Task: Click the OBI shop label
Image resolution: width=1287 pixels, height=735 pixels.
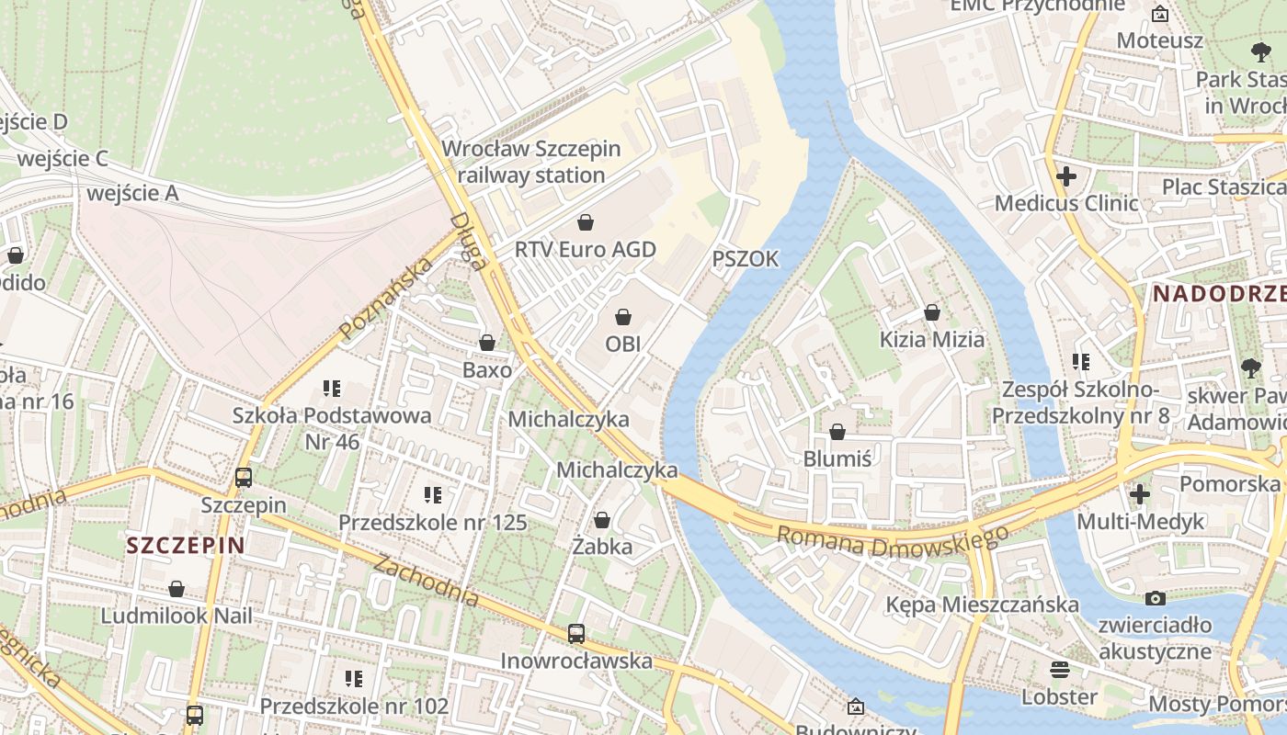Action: click(622, 344)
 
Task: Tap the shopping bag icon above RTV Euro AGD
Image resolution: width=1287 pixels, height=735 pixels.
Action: click(585, 222)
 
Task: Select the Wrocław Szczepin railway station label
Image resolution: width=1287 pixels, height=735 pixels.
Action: click(531, 162)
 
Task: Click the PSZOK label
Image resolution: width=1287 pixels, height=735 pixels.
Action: click(746, 259)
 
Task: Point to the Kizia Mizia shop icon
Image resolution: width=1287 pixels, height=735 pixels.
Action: click(932, 312)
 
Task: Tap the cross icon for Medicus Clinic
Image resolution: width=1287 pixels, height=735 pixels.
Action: click(1066, 175)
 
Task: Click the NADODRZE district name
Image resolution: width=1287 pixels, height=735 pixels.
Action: click(1219, 294)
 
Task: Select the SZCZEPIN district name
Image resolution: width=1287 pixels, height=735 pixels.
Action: click(186, 546)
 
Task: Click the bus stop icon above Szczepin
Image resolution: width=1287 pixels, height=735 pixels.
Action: click(244, 478)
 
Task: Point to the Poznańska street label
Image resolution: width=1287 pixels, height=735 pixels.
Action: click(386, 300)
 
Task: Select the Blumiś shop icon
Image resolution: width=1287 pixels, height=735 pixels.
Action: click(837, 432)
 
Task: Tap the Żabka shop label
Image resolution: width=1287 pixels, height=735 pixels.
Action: click(602, 547)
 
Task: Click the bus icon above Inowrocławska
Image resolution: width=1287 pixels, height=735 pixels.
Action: click(576, 633)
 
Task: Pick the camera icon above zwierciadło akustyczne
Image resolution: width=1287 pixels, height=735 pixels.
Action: click(1156, 598)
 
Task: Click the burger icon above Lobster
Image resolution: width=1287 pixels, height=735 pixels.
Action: click(1060, 669)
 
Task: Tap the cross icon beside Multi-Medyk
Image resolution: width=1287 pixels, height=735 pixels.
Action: click(1140, 494)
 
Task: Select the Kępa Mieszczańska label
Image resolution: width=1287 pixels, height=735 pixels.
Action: click(982, 605)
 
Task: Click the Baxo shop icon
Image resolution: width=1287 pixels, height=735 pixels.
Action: click(487, 343)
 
